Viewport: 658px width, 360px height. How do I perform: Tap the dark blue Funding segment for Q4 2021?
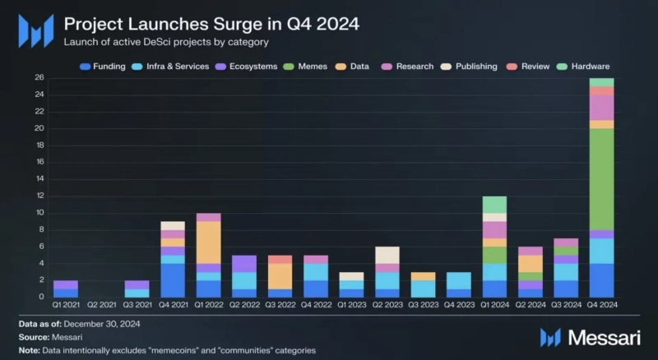(x=172, y=280)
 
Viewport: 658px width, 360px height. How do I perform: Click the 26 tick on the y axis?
(x=39, y=78)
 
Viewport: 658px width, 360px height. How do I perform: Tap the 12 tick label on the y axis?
(x=39, y=196)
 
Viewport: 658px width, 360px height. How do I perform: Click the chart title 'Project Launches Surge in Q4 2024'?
(x=211, y=24)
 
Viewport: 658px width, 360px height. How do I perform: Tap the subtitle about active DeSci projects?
(x=167, y=41)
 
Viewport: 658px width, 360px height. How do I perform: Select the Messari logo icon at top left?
(x=35, y=31)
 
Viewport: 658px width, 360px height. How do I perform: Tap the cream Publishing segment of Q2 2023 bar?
(x=387, y=255)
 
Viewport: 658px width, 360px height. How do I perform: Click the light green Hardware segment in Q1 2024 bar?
(x=494, y=205)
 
